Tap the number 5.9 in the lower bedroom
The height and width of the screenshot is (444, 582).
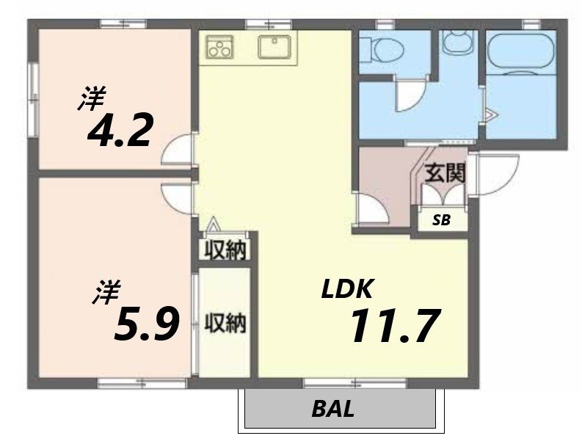point(147,324)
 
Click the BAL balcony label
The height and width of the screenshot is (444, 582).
point(332,409)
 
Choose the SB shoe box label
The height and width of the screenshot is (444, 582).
point(440,219)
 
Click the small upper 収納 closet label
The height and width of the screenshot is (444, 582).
point(224,250)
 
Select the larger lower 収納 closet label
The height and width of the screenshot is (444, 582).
point(225,323)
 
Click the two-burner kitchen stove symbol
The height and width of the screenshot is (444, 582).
point(219,46)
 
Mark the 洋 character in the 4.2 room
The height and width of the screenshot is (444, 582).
point(91,99)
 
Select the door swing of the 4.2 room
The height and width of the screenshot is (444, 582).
point(178,151)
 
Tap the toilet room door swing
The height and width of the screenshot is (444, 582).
point(407,95)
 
